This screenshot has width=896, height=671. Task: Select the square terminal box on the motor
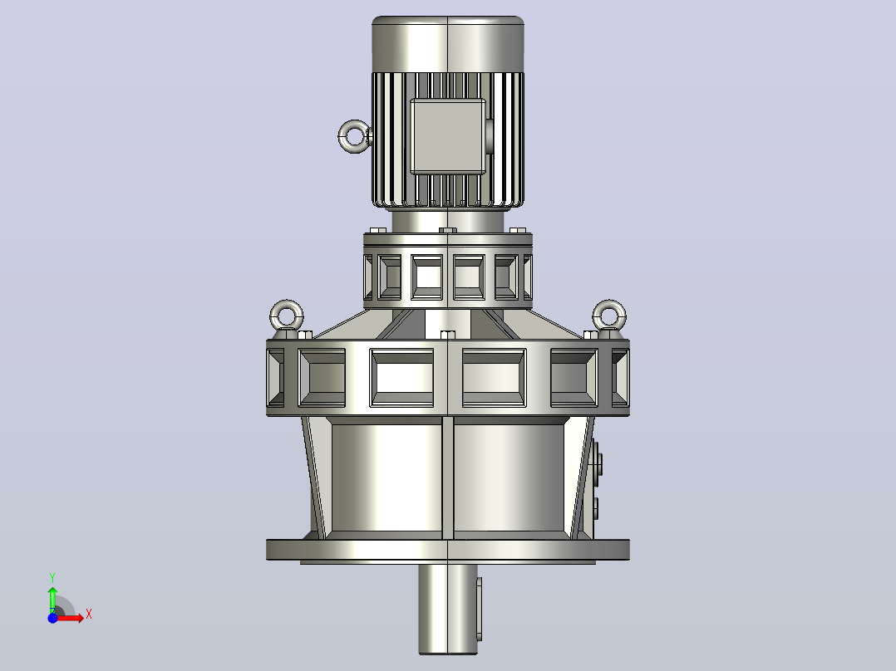(448, 136)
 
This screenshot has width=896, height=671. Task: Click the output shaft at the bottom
(447, 609)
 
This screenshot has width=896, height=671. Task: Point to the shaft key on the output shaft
(479, 609)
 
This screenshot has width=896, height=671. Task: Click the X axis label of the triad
(89, 615)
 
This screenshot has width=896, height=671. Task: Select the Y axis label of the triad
(52, 578)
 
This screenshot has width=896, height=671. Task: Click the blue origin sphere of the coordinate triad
(52, 618)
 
